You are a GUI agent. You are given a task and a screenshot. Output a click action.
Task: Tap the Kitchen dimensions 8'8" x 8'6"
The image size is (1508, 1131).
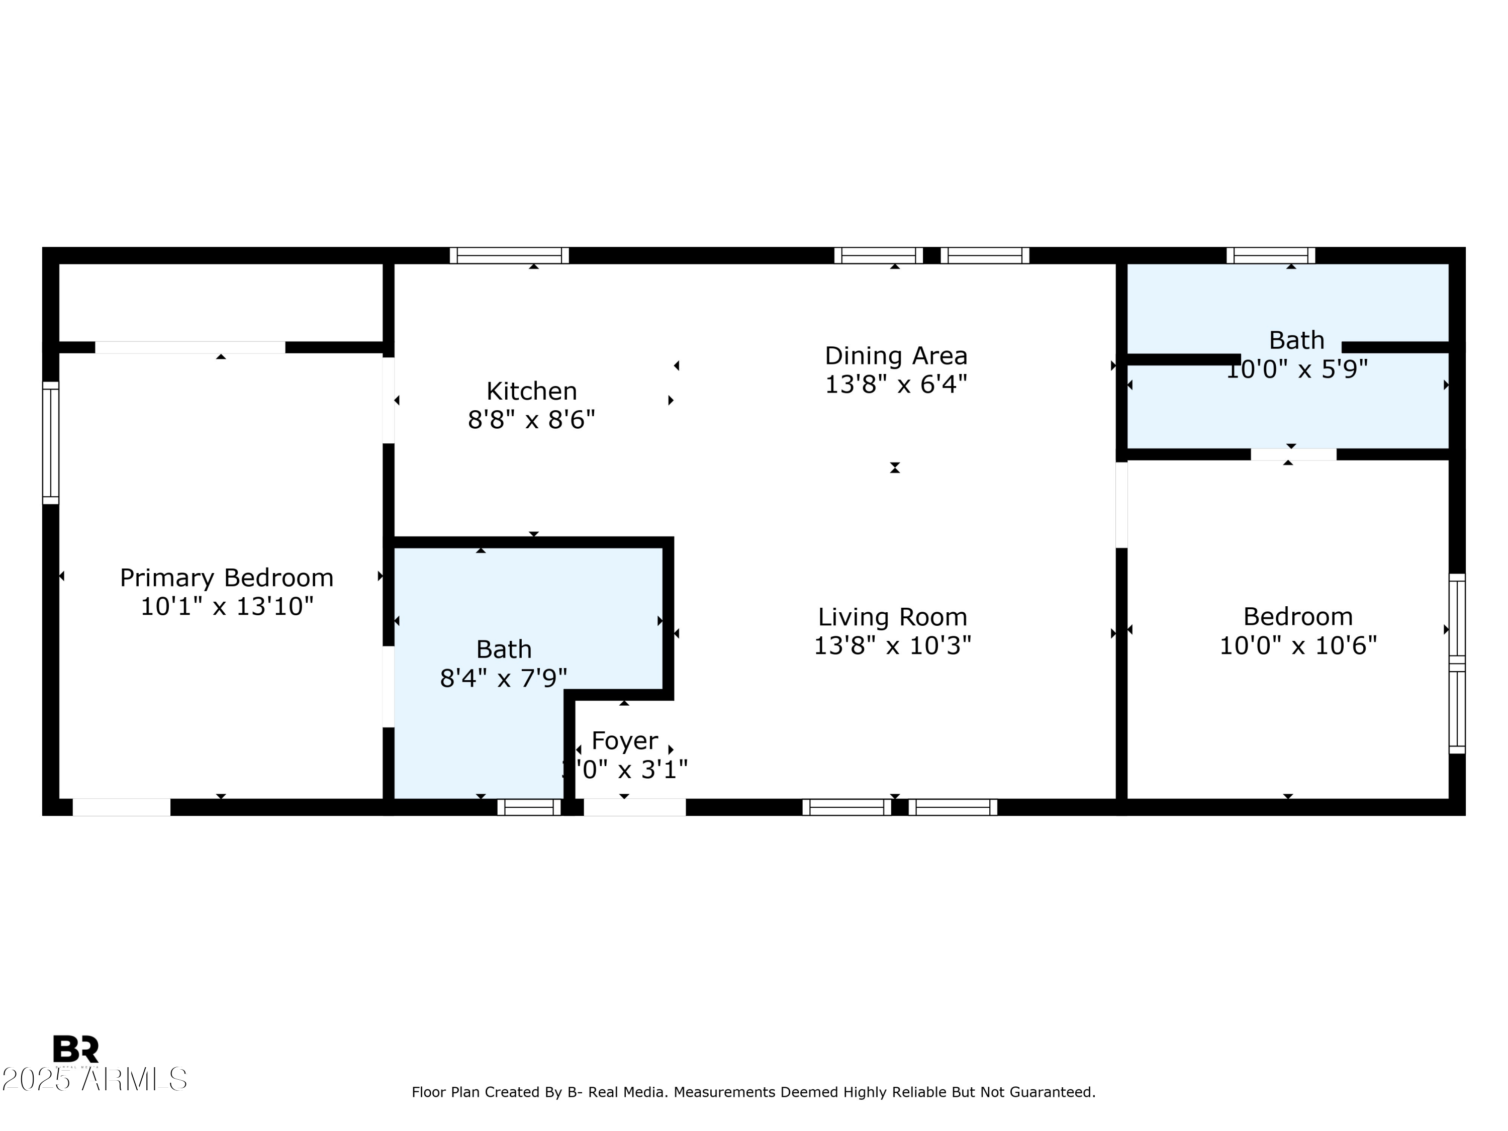coord(531,419)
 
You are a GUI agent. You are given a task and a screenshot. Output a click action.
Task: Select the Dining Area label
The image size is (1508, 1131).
coord(895,355)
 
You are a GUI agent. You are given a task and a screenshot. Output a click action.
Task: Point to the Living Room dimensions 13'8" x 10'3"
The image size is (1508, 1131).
coord(892,645)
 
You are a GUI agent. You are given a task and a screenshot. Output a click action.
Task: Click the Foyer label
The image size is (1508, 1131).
coord(624,740)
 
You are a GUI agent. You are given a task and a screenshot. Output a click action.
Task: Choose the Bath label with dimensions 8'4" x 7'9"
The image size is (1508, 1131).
coord(503,649)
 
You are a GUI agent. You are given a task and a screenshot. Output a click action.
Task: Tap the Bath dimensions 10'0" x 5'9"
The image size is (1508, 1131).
coord(1297,369)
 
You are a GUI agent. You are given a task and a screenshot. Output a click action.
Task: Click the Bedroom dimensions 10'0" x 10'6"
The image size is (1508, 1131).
coord(1297,645)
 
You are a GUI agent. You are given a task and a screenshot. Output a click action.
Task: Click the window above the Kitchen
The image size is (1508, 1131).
coord(509,256)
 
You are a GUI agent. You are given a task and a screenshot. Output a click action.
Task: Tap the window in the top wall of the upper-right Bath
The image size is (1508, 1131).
coord(1270,256)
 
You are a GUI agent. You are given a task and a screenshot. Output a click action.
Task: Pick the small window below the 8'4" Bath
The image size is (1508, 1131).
coord(528,808)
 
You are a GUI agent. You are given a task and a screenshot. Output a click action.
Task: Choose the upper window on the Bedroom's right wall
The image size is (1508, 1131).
coord(1456,616)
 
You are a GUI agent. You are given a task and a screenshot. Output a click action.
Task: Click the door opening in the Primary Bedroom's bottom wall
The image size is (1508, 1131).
coord(121,807)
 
